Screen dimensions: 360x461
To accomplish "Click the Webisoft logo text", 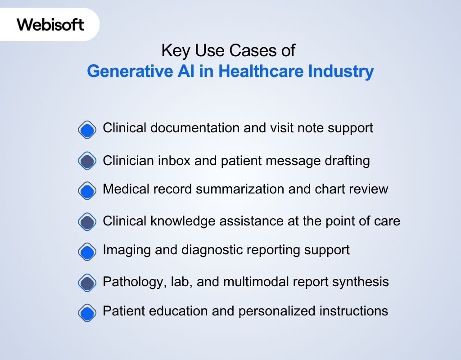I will [50, 24].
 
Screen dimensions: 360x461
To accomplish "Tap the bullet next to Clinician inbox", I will [87, 161].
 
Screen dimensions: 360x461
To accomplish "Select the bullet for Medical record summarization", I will [87, 191].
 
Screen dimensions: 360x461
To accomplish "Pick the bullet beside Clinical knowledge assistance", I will [87, 221].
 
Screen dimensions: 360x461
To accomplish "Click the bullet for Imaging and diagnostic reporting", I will [87, 251].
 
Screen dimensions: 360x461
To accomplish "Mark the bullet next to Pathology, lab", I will [87, 283].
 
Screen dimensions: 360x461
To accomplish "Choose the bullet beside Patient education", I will [87, 311].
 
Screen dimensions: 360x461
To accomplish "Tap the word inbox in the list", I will [172, 161].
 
